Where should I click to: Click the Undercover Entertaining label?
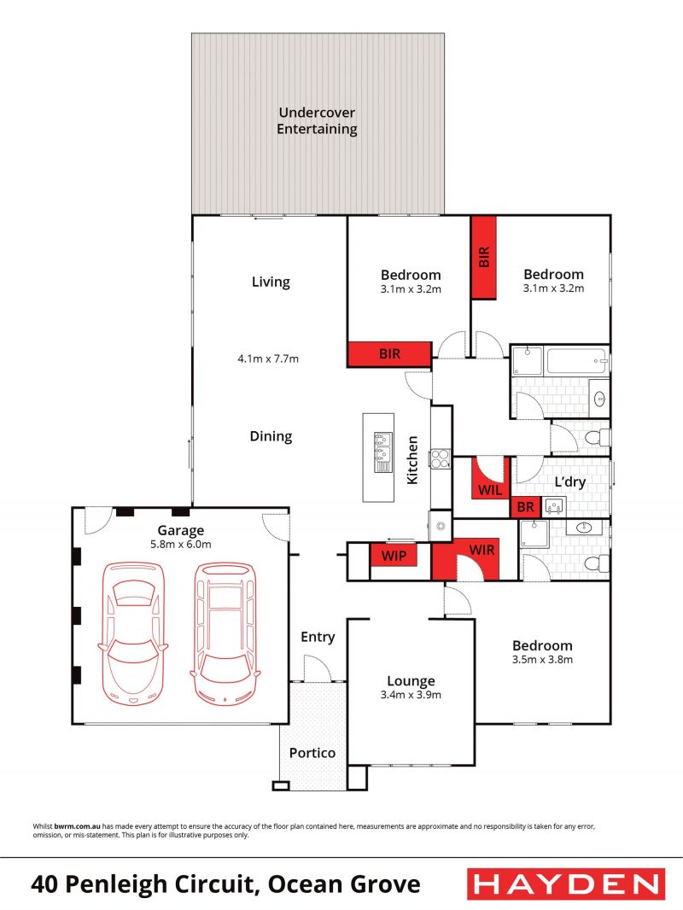[x=317, y=120]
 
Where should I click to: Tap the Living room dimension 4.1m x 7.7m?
[x=268, y=359]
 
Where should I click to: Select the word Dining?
[x=271, y=436]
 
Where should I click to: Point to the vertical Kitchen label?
[x=412, y=460]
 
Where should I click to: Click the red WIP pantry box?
[x=394, y=556]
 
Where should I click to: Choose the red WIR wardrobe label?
[x=482, y=550]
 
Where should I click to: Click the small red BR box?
[x=526, y=507]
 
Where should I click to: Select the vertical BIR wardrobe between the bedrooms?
[x=483, y=258]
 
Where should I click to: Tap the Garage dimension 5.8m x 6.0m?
[x=181, y=545]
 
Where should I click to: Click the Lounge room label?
[x=411, y=680]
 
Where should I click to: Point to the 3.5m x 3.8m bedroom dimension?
[x=543, y=659]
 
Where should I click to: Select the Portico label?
[x=312, y=753]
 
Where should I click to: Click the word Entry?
[x=318, y=637]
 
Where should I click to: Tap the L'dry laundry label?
[x=569, y=481]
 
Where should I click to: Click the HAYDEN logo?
[x=566, y=884]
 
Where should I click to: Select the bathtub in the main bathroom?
[x=577, y=361]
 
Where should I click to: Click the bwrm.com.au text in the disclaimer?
[x=77, y=825]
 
